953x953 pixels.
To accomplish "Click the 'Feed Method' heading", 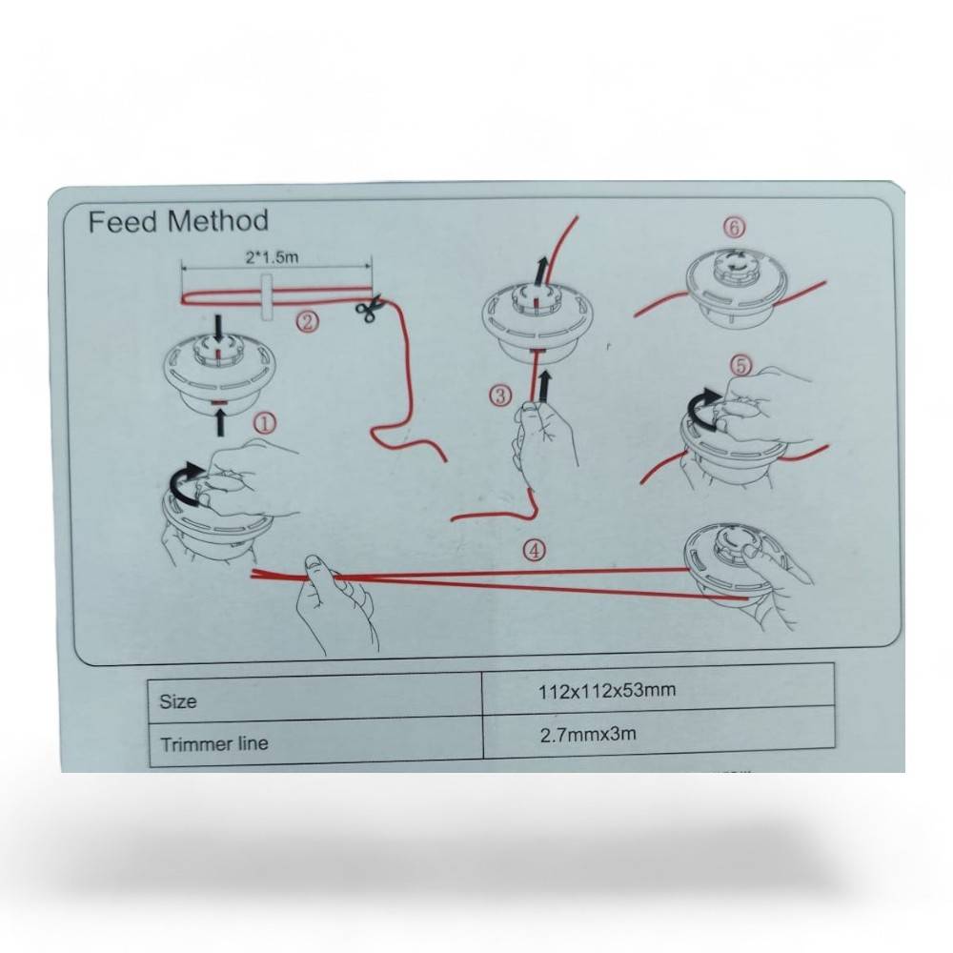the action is point(178,221).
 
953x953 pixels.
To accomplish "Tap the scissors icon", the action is point(368,308).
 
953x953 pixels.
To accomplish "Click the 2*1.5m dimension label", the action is point(273,257).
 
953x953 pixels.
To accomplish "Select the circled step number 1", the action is point(264,424).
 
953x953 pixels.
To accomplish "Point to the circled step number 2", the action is point(308,321).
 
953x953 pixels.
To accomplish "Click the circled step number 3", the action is point(500,396).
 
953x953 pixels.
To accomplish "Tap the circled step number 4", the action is point(535,551).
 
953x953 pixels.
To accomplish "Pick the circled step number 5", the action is point(740,366).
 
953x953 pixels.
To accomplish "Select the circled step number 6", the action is point(734,228).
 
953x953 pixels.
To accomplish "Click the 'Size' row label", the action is point(178,701).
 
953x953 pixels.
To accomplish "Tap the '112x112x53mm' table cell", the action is point(606,690).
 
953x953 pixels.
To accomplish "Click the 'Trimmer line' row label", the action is point(213,743).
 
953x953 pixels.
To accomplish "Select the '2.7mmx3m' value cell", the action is point(588,734).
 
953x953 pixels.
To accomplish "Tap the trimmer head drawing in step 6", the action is point(737,287).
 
